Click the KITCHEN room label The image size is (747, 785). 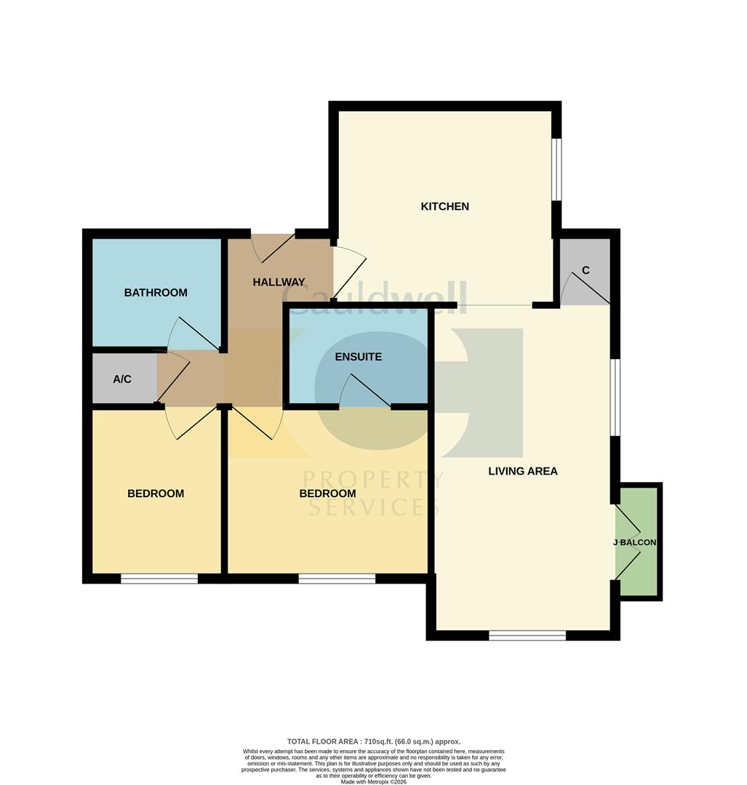tap(444, 206)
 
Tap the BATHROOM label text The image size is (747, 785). tap(156, 293)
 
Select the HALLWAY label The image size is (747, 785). tap(279, 282)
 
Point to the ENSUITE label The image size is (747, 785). tap(358, 357)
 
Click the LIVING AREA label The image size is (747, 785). tap(522, 471)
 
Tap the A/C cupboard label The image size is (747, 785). tap(122, 379)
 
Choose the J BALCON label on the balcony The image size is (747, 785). tap(635, 542)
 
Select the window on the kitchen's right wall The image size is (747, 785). tap(556, 169)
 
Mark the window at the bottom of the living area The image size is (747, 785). tap(527, 636)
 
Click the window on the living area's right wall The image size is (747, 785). tap(615, 398)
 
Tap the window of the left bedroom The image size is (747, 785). tap(159, 579)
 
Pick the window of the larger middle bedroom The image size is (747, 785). tap(337, 579)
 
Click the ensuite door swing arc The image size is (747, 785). tap(363, 391)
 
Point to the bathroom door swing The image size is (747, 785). tap(192, 334)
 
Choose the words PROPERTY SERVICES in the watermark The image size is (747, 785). tap(372, 492)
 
